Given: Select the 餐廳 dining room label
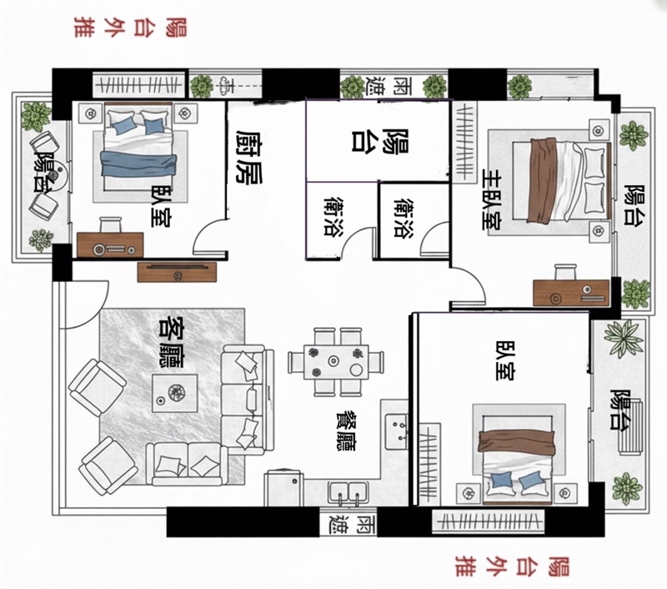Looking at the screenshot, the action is click(346, 430).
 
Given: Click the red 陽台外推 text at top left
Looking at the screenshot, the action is click(131, 28).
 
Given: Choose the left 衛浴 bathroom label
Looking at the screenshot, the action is click(333, 215).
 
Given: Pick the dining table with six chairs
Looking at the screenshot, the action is click(336, 362).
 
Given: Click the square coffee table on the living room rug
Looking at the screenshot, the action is click(175, 393).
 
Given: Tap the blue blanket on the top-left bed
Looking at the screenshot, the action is click(138, 163).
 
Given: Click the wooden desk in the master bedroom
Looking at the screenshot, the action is click(571, 292).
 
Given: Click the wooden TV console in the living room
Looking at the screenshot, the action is click(177, 272).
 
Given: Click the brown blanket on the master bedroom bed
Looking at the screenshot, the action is click(542, 180).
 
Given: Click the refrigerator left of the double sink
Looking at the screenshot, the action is click(283, 488).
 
